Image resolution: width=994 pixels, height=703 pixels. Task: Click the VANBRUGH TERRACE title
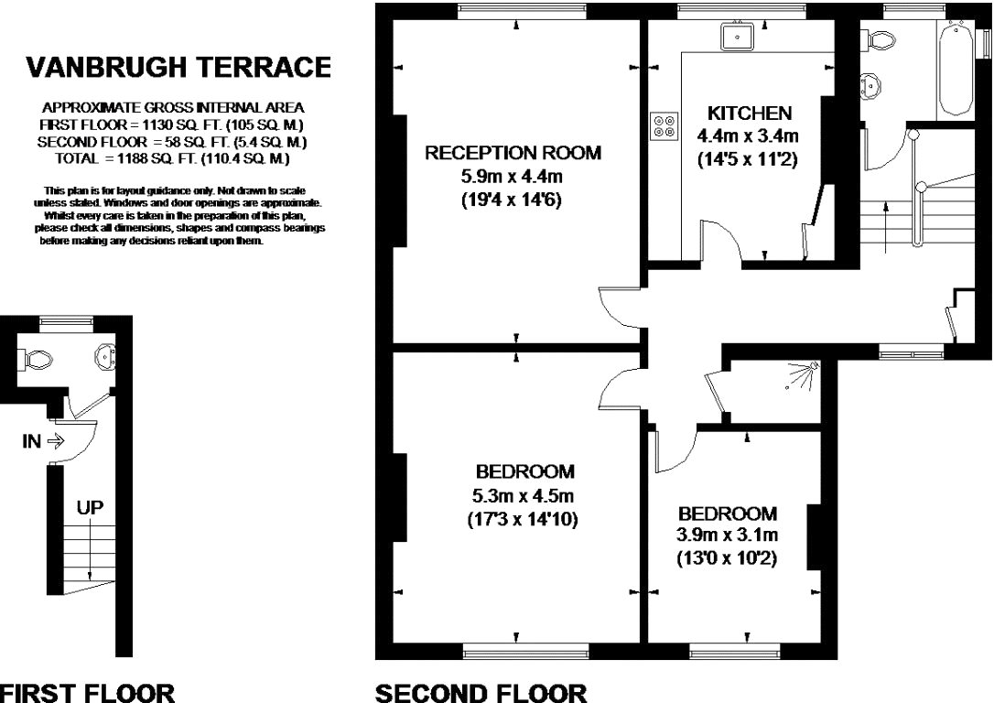pyautogui.click(x=178, y=67)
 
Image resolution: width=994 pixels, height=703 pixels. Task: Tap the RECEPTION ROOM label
pyautogui.click(x=513, y=153)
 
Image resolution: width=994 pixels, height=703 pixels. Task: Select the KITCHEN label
pyautogui.click(x=750, y=114)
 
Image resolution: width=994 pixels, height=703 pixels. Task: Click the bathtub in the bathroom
pyautogui.click(x=956, y=69)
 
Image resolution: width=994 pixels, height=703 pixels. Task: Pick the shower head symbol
pyautogui.click(x=804, y=374)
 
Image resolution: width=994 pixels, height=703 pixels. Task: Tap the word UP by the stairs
pyautogui.click(x=90, y=508)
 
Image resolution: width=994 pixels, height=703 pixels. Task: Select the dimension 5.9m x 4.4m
pyautogui.click(x=512, y=177)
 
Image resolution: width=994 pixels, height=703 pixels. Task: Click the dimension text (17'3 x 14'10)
pyautogui.click(x=522, y=520)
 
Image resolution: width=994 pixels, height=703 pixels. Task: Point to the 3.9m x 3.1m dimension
pyautogui.click(x=727, y=535)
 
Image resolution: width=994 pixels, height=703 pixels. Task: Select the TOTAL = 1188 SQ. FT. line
pyautogui.click(x=172, y=158)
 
